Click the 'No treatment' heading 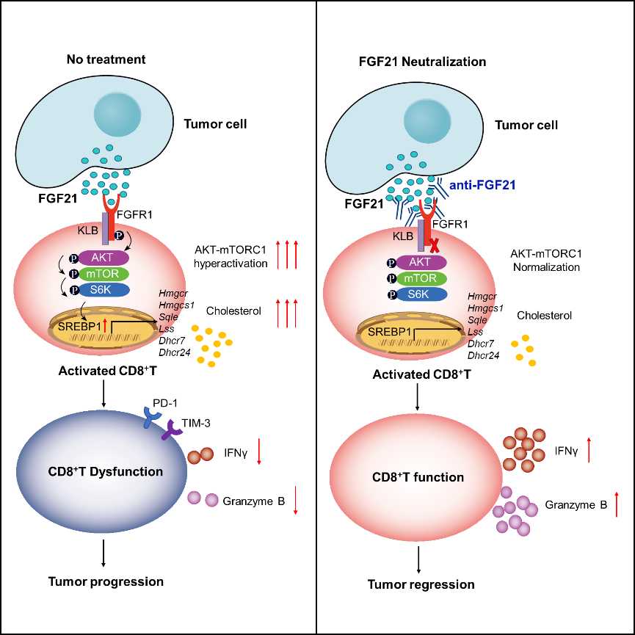pyautogui.click(x=106, y=59)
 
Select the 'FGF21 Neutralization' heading pyautogui.click(x=422, y=62)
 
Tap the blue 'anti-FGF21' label pyautogui.click(x=482, y=186)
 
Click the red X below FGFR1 pyautogui.click(x=434, y=245)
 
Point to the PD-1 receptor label pyautogui.click(x=165, y=403)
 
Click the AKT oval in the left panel pyautogui.click(x=104, y=258)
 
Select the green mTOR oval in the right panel pyautogui.click(x=421, y=279)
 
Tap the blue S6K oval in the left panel pyautogui.click(x=104, y=290)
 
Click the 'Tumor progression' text pyautogui.click(x=106, y=581)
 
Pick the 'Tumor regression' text pyautogui.click(x=421, y=584)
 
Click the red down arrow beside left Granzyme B pyautogui.click(x=296, y=500)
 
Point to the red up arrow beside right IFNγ pyautogui.click(x=589, y=450)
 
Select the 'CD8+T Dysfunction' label pyautogui.click(x=105, y=471)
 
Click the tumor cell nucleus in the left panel pyautogui.click(x=117, y=113)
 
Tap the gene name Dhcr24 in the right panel pyautogui.click(x=484, y=355)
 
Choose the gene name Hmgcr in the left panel pyautogui.click(x=173, y=293)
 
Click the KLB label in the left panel pyautogui.click(x=88, y=231)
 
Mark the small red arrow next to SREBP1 pyautogui.click(x=105, y=325)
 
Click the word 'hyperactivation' pyautogui.click(x=231, y=264)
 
